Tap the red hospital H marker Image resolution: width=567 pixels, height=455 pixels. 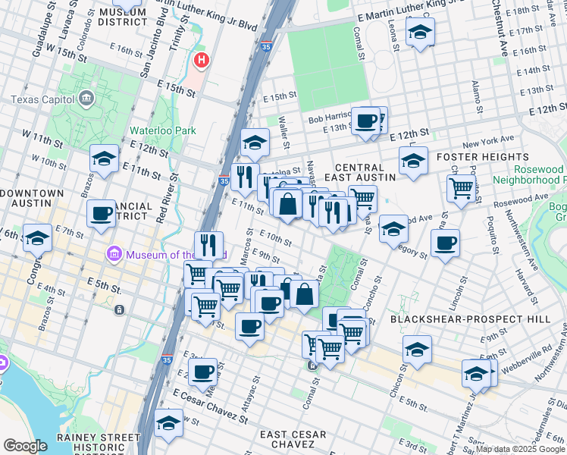click(201, 59)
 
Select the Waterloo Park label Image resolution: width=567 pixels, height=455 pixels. click(162, 130)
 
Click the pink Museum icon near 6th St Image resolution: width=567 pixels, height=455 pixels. click(115, 253)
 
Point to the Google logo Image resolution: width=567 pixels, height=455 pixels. click(24, 446)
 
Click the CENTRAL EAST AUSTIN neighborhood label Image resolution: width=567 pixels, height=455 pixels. click(365, 171)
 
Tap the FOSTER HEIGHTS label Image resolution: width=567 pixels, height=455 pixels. click(473, 157)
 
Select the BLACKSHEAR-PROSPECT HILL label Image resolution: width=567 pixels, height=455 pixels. click(470, 320)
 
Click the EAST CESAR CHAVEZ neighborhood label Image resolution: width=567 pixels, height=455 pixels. click(293, 435)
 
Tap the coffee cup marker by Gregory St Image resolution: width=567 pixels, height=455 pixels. click(445, 243)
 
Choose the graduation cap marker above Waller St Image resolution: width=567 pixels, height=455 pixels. click(255, 142)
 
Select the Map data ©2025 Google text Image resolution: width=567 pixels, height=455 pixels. click(521, 449)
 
